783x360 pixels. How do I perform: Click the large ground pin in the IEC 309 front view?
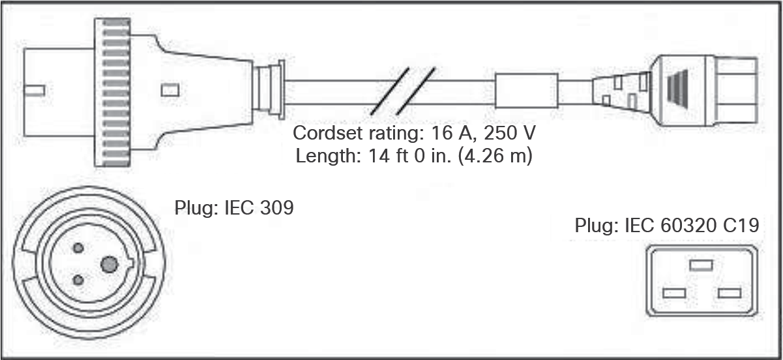pyautogui.click(x=109, y=264)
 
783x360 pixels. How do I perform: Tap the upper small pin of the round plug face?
pyautogui.click(x=79, y=248)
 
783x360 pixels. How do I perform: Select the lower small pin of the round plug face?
pyautogui.click(x=79, y=280)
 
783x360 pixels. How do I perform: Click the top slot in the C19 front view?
pyautogui.click(x=702, y=265)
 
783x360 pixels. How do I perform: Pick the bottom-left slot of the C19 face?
pyautogui.click(x=673, y=293)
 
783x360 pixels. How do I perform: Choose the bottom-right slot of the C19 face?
pyautogui.click(x=729, y=293)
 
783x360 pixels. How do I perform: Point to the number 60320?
pyautogui.click(x=688, y=226)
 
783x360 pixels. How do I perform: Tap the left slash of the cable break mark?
pyautogui.click(x=389, y=91)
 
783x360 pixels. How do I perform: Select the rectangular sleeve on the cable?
pyautogui.click(x=527, y=91)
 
